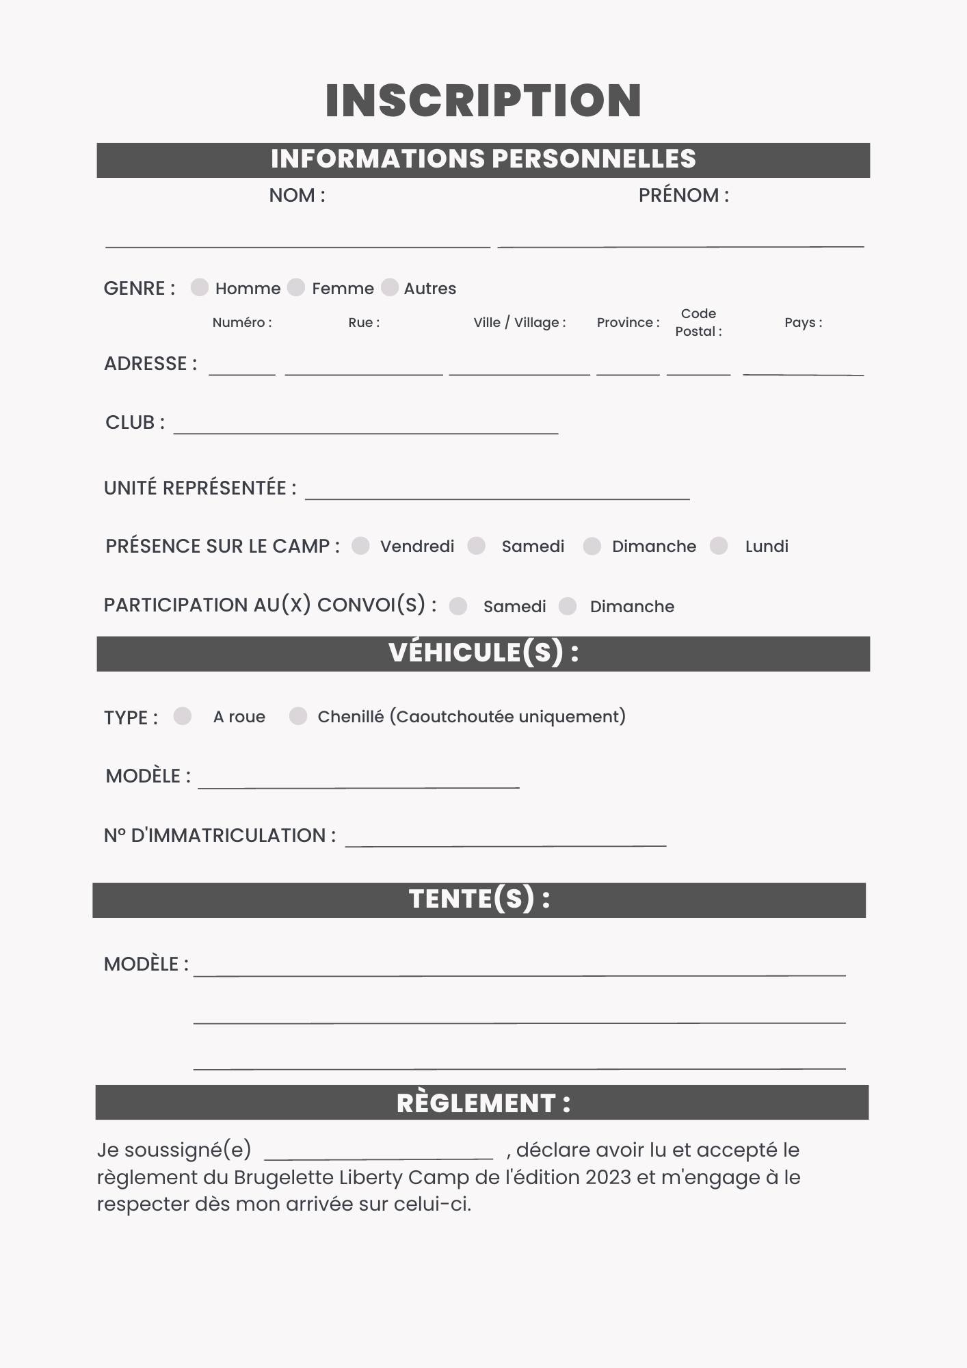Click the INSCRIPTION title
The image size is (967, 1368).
[x=483, y=101]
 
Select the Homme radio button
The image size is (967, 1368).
[x=199, y=287]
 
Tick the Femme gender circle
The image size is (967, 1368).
[x=296, y=287]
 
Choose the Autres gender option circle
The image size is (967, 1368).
[x=390, y=287]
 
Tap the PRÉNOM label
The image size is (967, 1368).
[x=683, y=196]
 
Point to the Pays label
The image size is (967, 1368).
[x=803, y=323]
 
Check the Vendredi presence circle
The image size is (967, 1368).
[x=360, y=546]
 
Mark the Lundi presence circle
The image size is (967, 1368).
[x=719, y=546]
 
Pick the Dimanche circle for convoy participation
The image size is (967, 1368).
[x=568, y=606]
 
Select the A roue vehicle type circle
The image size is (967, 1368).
[x=183, y=716]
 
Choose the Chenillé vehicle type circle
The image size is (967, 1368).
[x=298, y=716]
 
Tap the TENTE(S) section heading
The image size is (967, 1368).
[x=479, y=899]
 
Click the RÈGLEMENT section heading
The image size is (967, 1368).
[x=483, y=1103]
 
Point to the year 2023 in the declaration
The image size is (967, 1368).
[x=608, y=1177]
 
